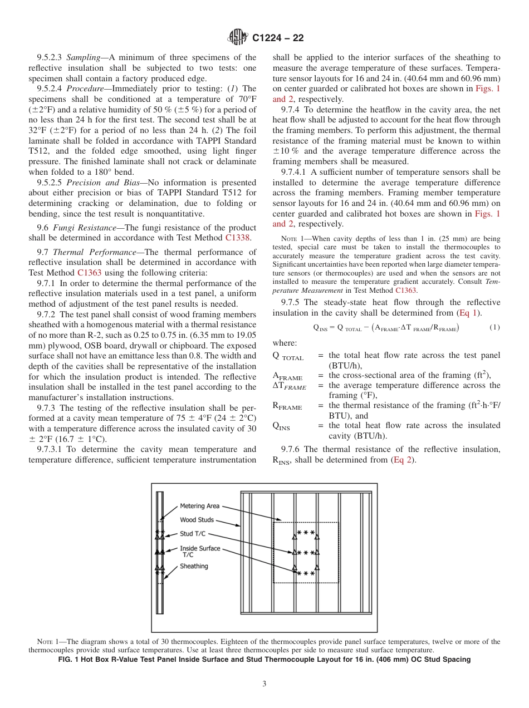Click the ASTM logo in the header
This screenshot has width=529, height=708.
[238, 37]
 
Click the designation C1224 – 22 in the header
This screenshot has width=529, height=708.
[277, 38]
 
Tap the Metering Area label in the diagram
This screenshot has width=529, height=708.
[199, 506]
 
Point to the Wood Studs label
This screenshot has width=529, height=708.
[197, 520]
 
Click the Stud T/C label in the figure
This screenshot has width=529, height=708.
[194, 534]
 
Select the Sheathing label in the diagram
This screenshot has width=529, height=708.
[194, 566]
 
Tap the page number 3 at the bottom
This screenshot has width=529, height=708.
[264, 684]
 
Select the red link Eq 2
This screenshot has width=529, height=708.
[404, 460]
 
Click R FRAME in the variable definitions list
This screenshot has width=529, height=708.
[287, 407]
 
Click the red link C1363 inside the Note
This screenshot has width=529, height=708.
[405, 290]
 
